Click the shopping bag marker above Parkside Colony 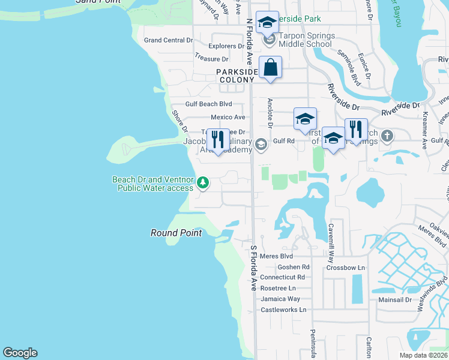(271, 67)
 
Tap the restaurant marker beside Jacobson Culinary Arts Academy (218, 140)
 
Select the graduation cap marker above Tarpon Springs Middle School (267, 23)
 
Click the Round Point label (176, 233)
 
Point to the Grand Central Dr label (168, 41)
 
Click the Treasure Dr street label (211, 59)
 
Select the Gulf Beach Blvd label (208, 104)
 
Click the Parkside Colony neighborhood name (237, 75)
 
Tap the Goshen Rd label (294, 267)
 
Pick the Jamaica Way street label (280, 299)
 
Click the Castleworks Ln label (283, 310)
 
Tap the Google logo (20, 353)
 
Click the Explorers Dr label (226, 46)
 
